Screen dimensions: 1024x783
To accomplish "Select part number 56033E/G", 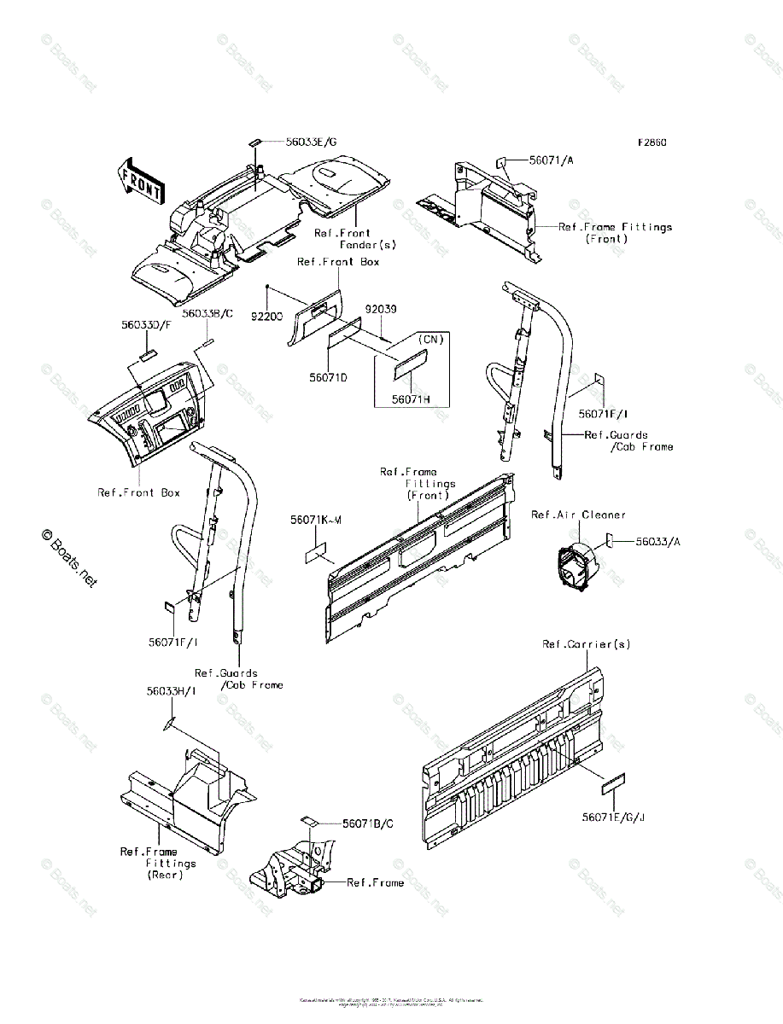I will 293,142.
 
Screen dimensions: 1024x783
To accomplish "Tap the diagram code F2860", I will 650,143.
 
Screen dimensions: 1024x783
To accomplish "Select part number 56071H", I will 411,398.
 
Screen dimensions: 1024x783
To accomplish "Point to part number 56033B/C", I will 207,314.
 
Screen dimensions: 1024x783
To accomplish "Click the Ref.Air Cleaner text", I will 578,515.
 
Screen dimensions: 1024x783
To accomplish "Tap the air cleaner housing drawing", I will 574,566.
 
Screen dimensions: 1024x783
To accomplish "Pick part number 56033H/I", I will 171,691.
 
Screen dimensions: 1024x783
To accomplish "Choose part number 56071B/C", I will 368,823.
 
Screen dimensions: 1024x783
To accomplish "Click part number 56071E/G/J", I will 614,817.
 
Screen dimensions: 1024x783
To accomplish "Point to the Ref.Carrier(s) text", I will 586,644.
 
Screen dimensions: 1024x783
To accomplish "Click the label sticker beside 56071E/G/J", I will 613,783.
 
